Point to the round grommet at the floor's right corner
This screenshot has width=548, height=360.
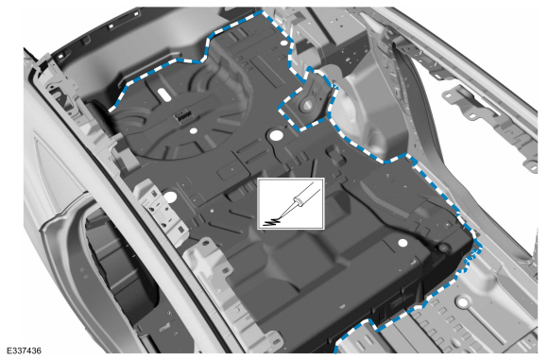(443, 247)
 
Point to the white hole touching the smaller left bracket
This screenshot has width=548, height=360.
(169, 196)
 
